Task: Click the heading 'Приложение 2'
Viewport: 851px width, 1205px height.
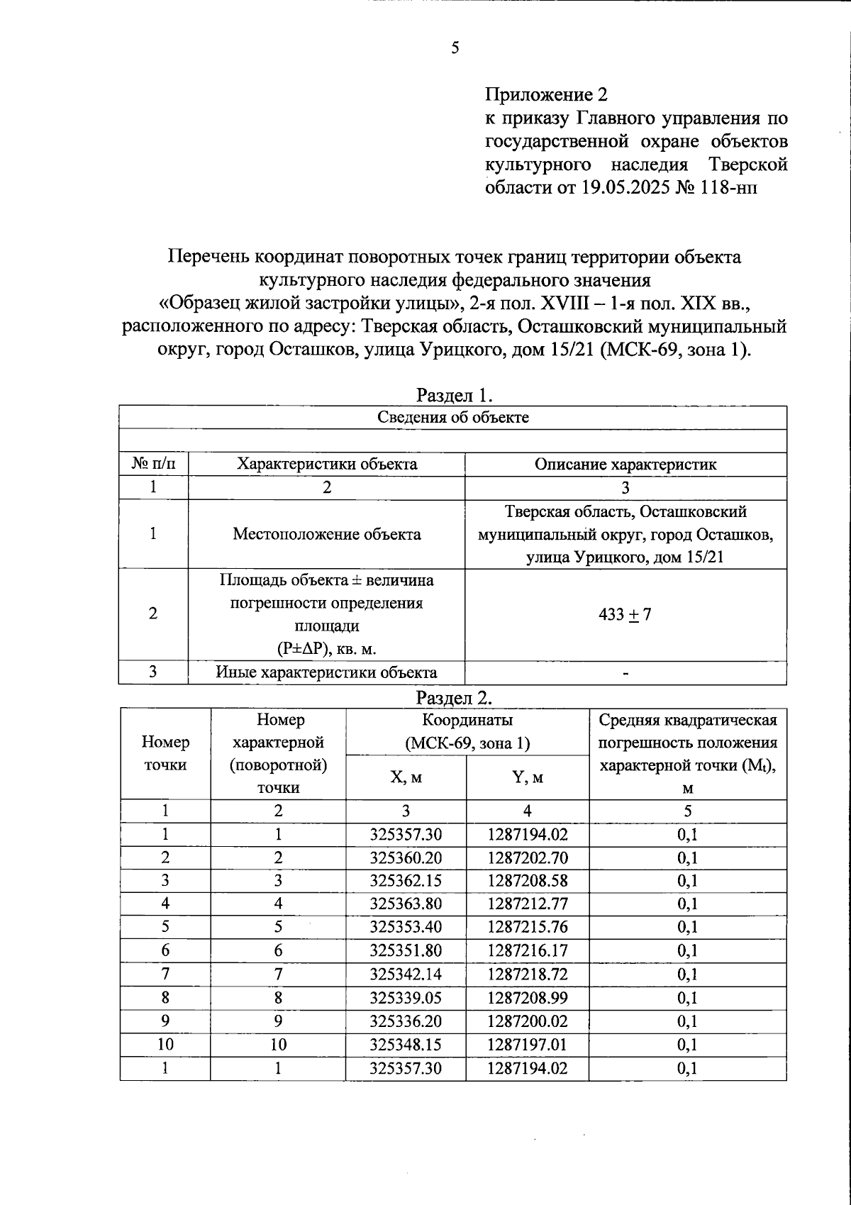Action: click(546, 94)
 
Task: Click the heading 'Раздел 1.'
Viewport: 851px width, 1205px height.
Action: click(454, 394)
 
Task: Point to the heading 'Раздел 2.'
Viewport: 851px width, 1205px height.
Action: click(454, 697)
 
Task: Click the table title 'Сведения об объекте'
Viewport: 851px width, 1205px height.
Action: click(452, 417)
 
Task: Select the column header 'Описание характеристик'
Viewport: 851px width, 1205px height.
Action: click(625, 465)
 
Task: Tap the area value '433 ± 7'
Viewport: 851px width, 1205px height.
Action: click(625, 614)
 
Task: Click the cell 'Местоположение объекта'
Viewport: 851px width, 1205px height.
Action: click(327, 534)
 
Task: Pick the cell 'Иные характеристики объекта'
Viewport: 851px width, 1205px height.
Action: click(327, 672)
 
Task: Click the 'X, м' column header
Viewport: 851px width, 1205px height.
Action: click(406, 777)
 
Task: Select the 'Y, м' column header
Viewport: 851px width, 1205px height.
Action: click(527, 777)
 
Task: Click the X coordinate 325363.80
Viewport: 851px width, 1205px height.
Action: click(406, 904)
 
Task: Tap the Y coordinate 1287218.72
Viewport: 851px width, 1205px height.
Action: click(527, 974)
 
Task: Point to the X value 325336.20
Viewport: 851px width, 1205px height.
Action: click(406, 1021)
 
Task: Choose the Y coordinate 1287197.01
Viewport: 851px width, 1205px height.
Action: click(527, 1044)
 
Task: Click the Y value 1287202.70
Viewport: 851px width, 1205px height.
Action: click(527, 857)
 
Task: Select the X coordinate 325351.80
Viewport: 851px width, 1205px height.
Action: click(406, 950)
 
